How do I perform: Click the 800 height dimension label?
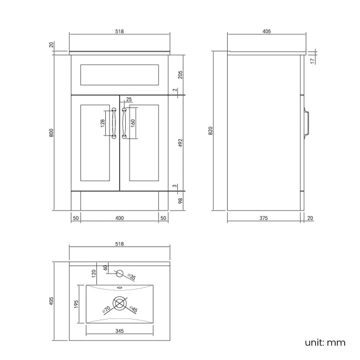pos(51,133)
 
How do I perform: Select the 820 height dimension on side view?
pos(210,131)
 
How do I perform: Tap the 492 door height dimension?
pos(181,143)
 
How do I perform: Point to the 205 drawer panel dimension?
pos(181,74)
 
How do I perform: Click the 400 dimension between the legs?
pos(119,218)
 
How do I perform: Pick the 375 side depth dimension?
pos(263,218)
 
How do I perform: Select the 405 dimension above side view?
pos(266,32)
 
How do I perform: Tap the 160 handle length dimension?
pos(133,124)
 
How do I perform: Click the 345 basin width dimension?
pos(119,331)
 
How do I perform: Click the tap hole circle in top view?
pos(119,272)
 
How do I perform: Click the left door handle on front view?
pos(114,124)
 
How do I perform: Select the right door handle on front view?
pos(124,124)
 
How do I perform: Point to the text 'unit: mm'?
pos(325,342)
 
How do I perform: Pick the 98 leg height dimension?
pos(181,200)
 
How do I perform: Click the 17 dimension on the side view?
pos(312,60)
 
